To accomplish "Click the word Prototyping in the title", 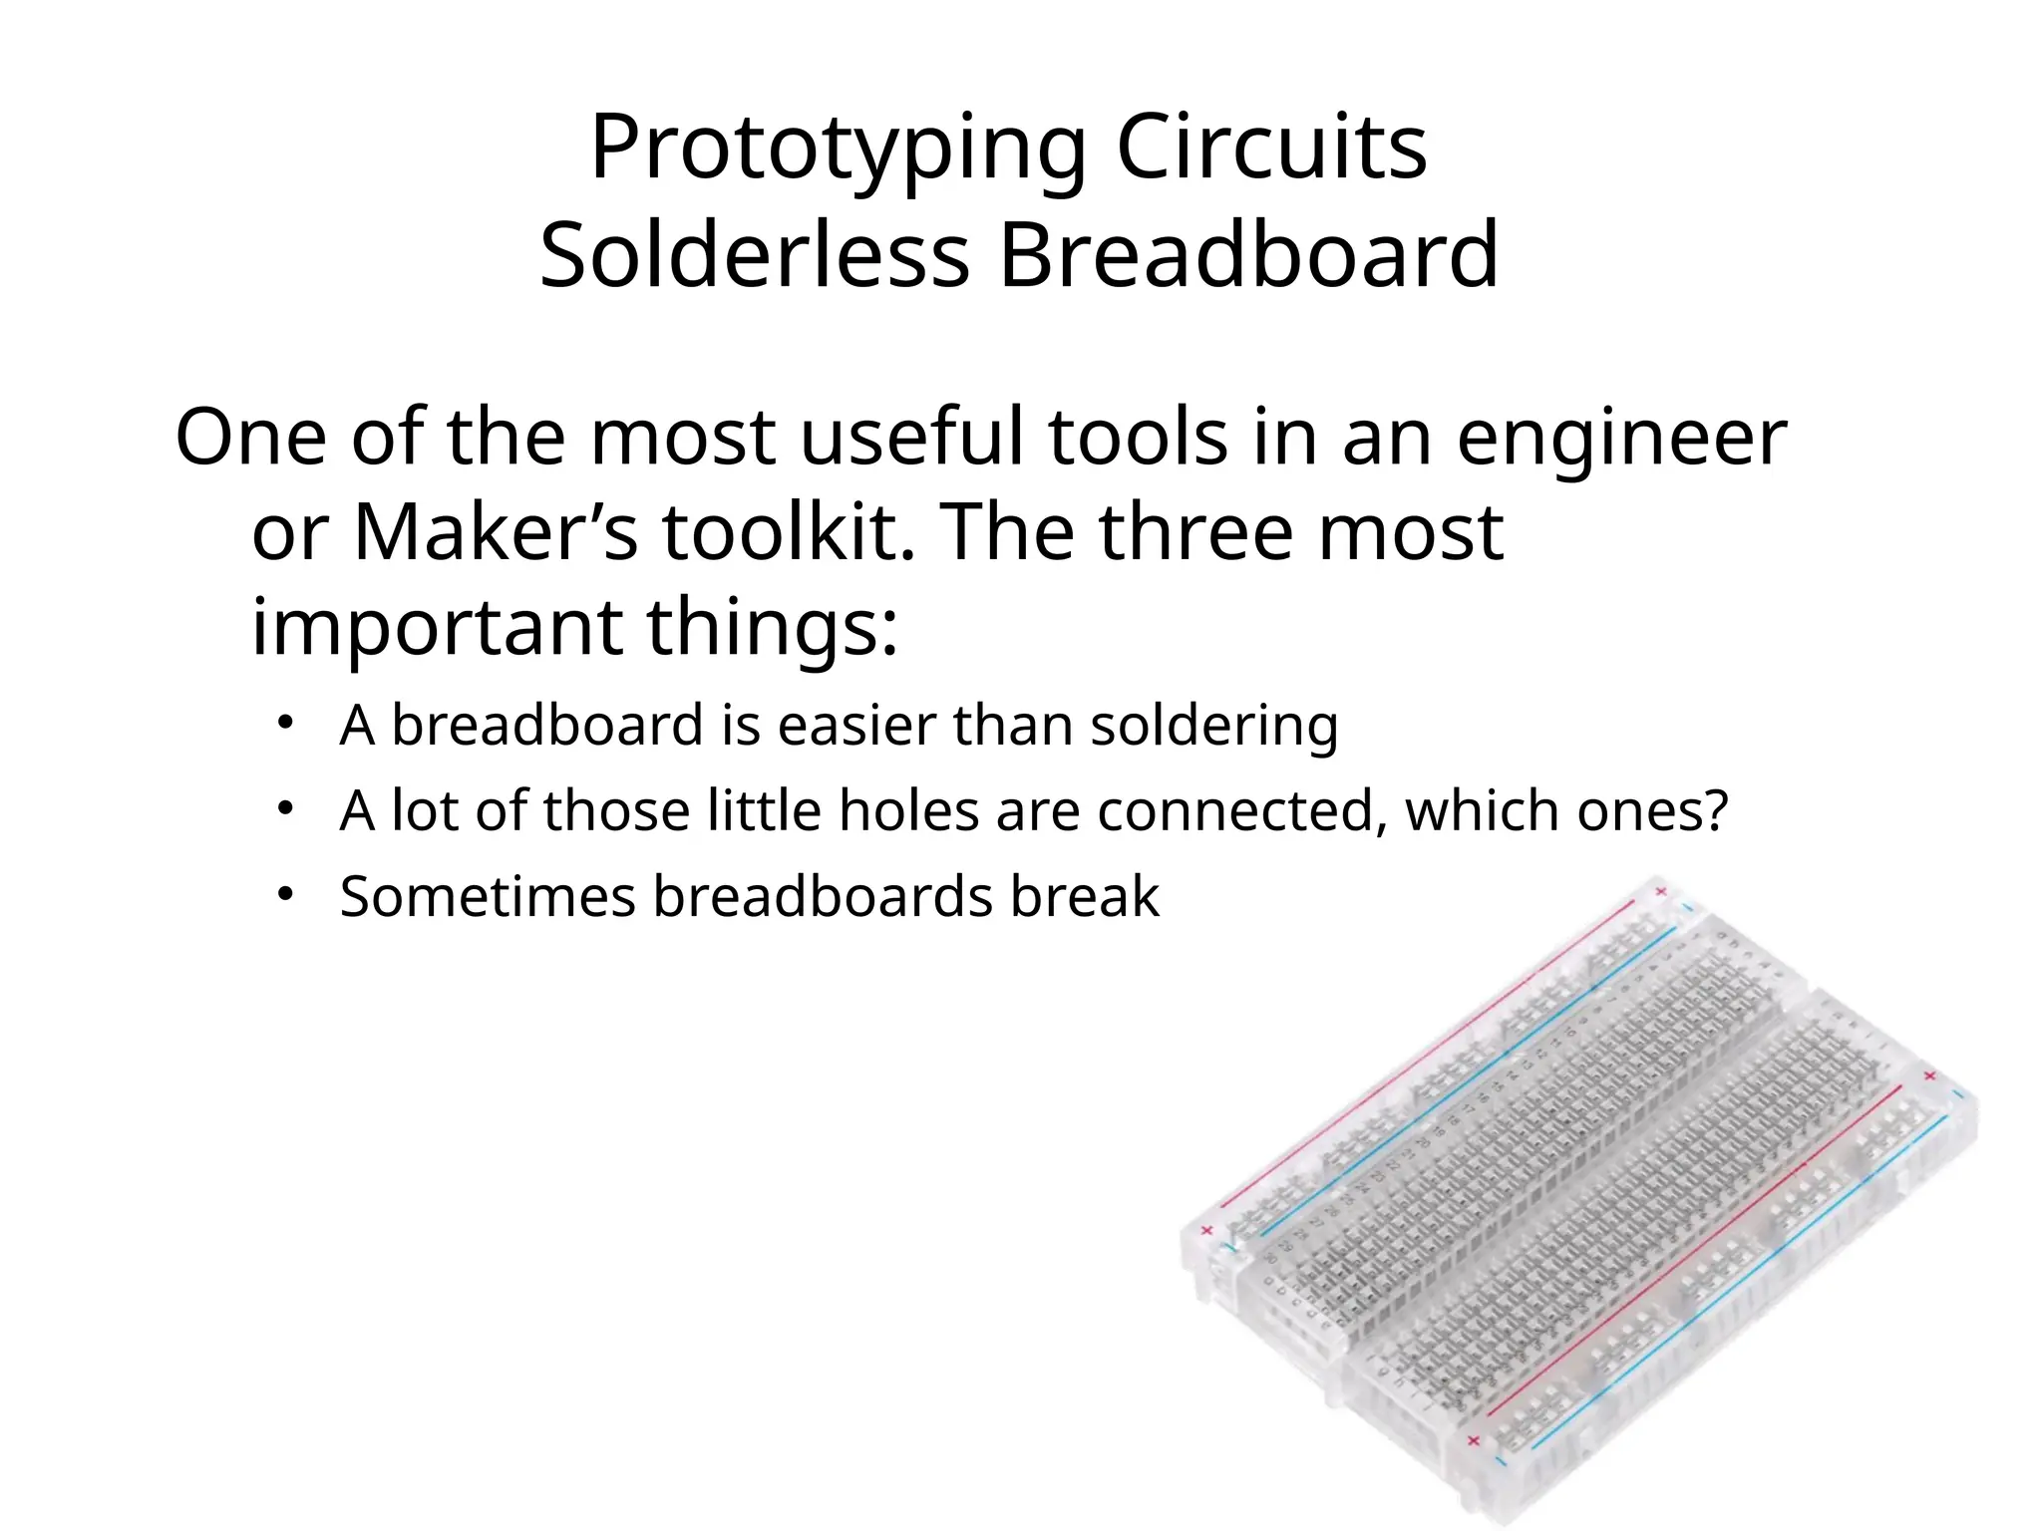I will click(x=838, y=150).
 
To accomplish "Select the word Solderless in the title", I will click(x=755, y=255).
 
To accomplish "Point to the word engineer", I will click(x=1622, y=439).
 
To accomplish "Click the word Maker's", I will click(x=495, y=532).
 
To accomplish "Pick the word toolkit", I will click(x=788, y=532).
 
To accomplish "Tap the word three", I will click(x=1196, y=532).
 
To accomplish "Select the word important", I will click(x=437, y=628).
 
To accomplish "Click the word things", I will click(x=773, y=628).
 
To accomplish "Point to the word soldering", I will click(x=1213, y=725).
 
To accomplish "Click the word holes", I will click(x=908, y=810).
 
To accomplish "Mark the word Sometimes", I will click(x=488, y=896).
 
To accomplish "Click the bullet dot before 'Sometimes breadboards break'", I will click(x=285, y=894).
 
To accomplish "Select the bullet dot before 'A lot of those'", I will click(x=285, y=808).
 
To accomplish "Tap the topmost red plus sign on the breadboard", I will click(x=1661, y=891).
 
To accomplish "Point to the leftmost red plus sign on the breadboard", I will click(x=1207, y=1230).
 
